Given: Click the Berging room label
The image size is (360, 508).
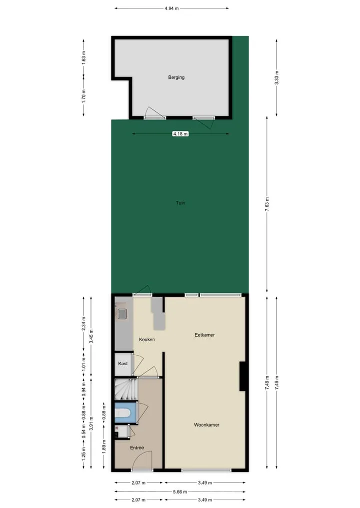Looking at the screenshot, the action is [176, 77].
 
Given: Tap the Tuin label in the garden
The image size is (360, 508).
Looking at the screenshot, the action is [180, 203].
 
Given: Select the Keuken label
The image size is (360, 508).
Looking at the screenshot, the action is [147, 340].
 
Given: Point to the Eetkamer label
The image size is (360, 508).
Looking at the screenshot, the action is [204, 335].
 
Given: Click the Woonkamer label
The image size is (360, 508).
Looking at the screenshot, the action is [206, 425].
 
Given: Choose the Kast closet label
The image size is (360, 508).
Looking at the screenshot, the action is [123, 364].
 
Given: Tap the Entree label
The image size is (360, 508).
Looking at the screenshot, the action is [137, 448].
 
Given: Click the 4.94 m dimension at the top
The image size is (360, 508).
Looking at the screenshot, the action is [171, 8].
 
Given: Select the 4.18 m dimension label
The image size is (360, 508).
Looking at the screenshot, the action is [180, 134].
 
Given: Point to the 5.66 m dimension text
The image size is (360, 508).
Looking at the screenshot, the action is [180, 492].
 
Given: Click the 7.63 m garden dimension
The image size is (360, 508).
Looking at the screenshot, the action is [267, 204].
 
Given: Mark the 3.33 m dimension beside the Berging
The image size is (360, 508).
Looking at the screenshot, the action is [276, 78].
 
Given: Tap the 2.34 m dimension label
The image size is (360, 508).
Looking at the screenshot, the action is [83, 324].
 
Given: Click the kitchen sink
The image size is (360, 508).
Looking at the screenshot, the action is [122, 314].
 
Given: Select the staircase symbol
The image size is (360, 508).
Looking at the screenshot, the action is [126, 390].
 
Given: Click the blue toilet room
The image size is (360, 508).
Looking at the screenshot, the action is [126, 413].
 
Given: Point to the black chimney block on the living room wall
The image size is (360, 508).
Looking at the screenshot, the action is [242, 376].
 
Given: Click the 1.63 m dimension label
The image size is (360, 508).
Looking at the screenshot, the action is [83, 58].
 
